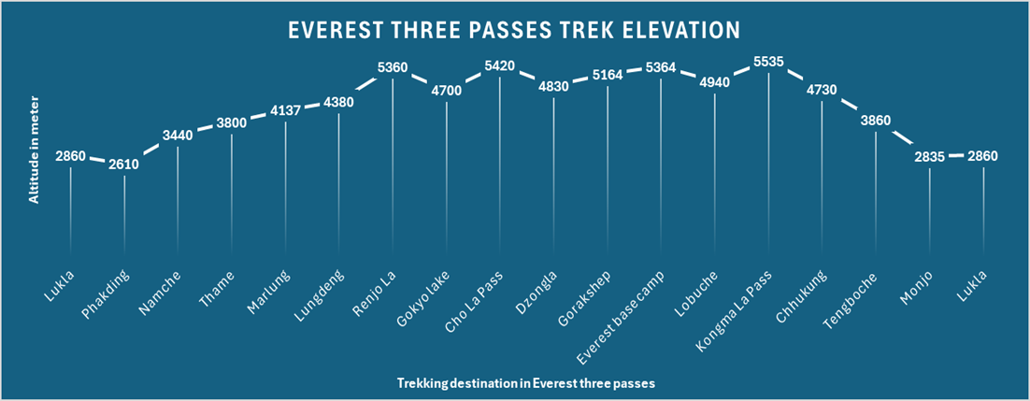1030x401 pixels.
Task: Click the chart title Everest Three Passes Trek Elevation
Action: pos(514,30)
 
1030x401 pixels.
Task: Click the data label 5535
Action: pos(768,62)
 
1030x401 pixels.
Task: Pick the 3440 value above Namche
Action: pos(178,136)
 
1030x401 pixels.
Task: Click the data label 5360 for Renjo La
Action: pos(393,68)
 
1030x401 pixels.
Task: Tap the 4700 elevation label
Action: pos(446,92)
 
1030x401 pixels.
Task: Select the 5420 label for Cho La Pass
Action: pos(500,66)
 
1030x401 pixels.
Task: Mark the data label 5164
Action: pos(608,76)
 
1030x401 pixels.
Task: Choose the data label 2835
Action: pos(929,157)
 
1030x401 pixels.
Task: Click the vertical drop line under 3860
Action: pos(876,196)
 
